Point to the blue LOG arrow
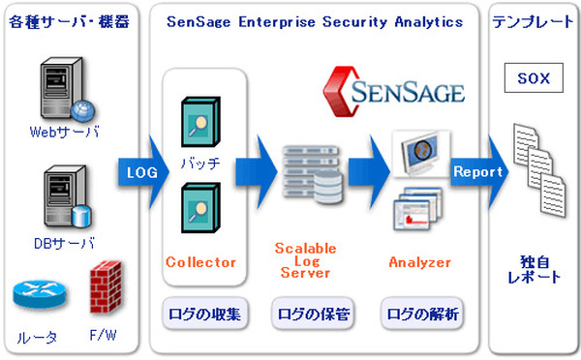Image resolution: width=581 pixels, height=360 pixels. tap(139, 173)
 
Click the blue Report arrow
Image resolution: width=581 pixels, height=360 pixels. tap(478, 171)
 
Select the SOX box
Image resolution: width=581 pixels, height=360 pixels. tap(535, 75)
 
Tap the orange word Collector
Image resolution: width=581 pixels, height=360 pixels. tap(201, 262)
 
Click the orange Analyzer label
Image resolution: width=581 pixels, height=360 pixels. tap(419, 262)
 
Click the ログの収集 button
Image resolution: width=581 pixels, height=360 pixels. tap(203, 314)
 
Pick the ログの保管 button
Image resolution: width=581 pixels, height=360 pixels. tap(311, 314)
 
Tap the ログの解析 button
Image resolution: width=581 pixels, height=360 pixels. tap(421, 314)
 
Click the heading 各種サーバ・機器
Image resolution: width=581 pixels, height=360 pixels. tap(70, 21)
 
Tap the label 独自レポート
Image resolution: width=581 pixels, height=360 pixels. tap(535, 269)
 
